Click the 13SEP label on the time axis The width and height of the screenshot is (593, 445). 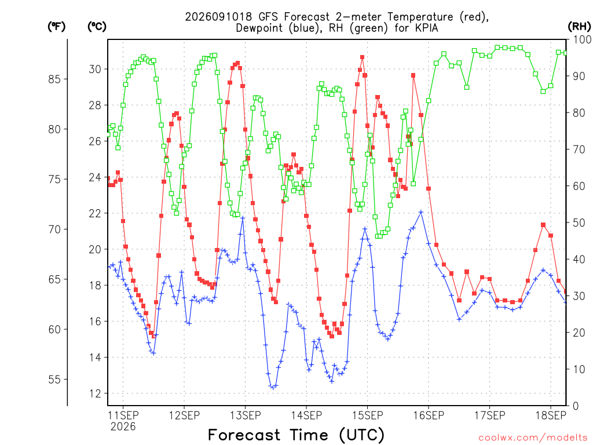[x=245, y=415]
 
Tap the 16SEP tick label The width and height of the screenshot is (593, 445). [x=429, y=415]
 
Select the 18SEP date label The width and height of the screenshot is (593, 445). [x=551, y=415]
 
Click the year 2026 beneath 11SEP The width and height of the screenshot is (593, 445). [x=123, y=427]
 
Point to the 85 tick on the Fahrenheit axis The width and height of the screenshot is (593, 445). [x=54, y=79]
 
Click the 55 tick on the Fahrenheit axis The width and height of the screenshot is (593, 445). [x=54, y=380]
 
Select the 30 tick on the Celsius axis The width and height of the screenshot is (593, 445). [x=95, y=70]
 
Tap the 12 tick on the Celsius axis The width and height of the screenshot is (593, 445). [x=95, y=393]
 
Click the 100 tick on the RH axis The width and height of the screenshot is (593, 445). [x=582, y=39]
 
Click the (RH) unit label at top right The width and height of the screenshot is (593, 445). [x=579, y=26]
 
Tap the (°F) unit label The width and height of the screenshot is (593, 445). [x=56, y=27]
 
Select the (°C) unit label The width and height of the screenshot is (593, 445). [x=97, y=27]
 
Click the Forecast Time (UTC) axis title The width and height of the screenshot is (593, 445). [x=296, y=435]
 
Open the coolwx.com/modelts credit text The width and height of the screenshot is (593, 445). [x=533, y=438]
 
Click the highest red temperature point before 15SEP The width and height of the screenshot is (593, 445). [x=363, y=57]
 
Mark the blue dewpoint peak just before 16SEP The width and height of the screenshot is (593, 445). [x=421, y=212]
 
